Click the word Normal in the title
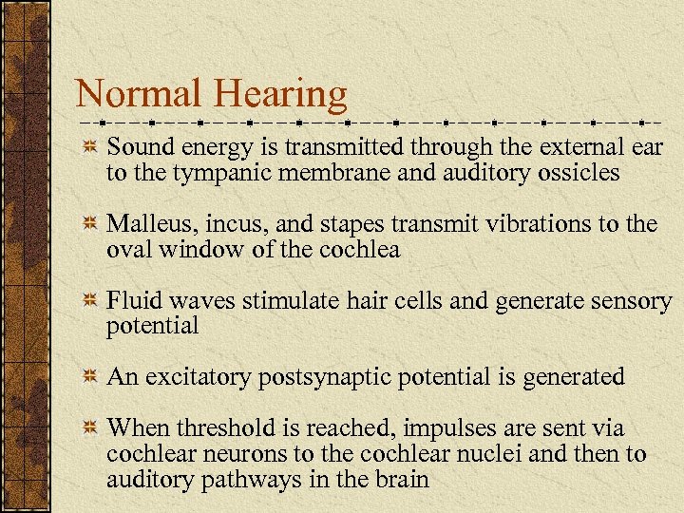[x=140, y=94]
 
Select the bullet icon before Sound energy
[x=89, y=148]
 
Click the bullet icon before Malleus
[x=89, y=225]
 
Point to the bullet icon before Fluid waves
[x=89, y=301]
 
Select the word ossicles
[x=580, y=174]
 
